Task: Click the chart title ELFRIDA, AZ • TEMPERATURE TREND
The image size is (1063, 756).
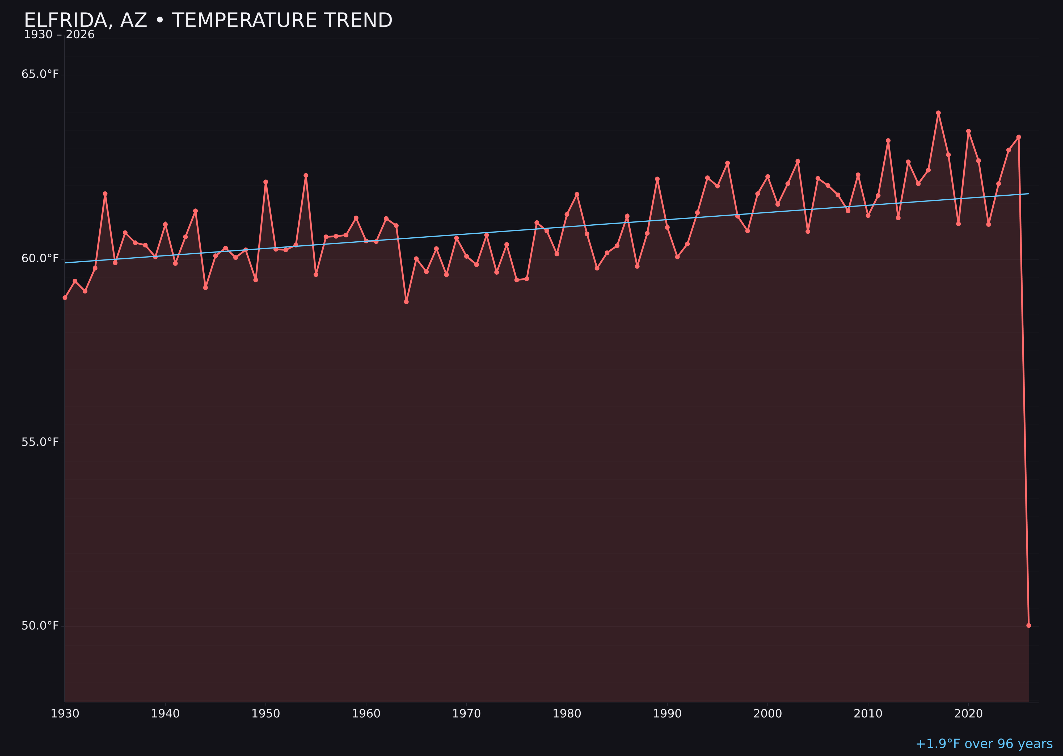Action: tap(208, 20)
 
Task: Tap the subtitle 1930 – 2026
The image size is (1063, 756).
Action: tap(59, 35)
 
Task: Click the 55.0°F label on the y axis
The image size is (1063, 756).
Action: tap(40, 442)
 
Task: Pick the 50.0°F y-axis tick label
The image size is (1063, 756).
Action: tap(40, 626)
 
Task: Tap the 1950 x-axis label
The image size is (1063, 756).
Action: tap(266, 714)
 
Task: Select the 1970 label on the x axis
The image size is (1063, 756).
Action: tap(466, 714)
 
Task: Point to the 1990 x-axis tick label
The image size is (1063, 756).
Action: tap(667, 714)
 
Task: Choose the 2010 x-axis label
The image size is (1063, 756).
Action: tap(868, 714)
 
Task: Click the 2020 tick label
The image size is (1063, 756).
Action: tap(968, 714)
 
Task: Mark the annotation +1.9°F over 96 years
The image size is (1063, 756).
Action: tap(984, 744)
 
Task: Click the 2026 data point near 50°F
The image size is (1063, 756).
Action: tap(1028, 625)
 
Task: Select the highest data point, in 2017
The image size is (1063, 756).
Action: tap(938, 113)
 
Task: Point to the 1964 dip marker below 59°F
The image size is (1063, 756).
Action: tap(406, 302)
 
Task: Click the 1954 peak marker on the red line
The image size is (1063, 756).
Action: tap(306, 175)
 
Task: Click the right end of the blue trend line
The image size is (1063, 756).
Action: tap(1028, 194)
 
